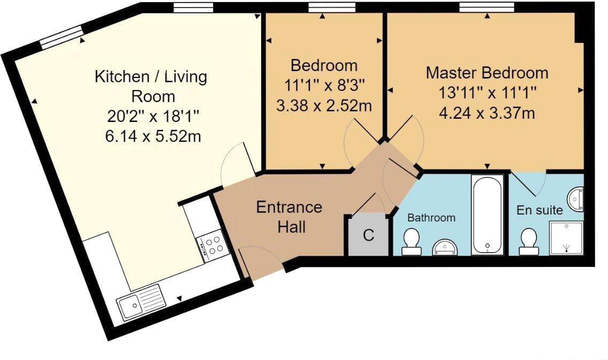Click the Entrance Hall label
coord(289,217)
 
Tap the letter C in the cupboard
coord(368,235)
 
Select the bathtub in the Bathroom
coord(488,215)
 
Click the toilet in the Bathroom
coord(411,242)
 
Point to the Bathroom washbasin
coord(445,248)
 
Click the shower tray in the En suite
coord(566,238)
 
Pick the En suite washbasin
coord(575,199)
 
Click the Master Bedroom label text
coord(487,73)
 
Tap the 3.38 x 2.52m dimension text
coord(324,105)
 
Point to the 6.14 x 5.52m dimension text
coord(153,136)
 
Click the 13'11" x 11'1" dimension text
coord(487,94)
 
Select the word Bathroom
coord(431,218)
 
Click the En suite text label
coord(539,210)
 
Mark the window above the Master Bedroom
coord(487,7)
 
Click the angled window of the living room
coord(62,37)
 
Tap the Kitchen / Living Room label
coord(151,86)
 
